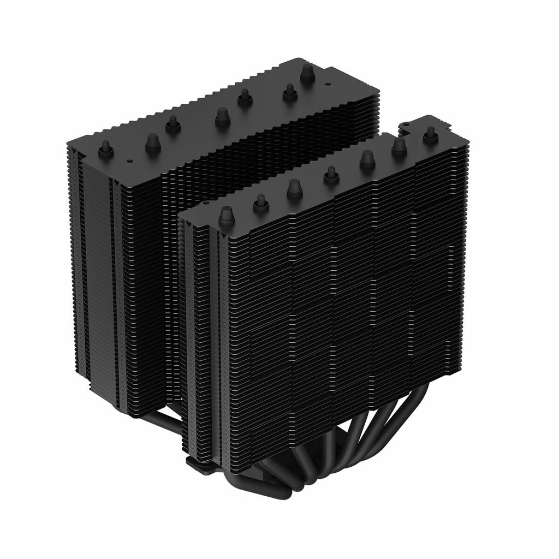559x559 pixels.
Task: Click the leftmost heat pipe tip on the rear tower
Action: point(105,148)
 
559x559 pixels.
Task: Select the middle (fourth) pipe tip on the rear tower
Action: point(222,116)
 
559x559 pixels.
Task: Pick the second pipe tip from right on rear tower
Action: point(289,93)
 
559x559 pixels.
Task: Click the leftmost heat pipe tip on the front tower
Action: point(226,216)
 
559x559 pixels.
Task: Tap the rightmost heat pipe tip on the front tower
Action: point(431,133)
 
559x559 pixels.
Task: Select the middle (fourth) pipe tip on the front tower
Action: point(330,174)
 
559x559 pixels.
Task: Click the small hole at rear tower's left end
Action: point(129,162)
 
